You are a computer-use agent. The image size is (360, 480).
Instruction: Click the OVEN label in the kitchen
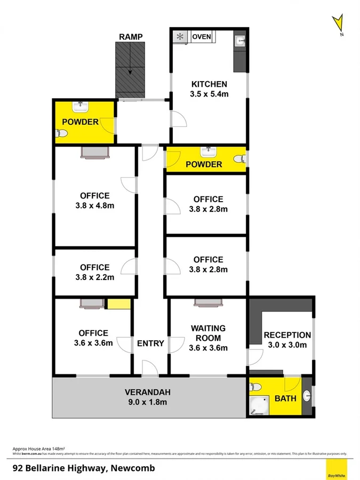(x=202, y=36)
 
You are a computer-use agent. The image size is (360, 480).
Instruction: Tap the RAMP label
(x=131, y=36)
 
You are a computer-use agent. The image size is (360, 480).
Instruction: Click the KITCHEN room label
(x=210, y=84)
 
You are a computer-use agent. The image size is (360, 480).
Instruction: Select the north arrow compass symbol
(x=337, y=25)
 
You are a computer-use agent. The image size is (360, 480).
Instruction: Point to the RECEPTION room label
(x=287, y=335)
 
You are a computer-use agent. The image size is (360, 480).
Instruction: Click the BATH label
(x=284, y=398)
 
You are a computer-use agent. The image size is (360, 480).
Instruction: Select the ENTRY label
(x=150, y=343)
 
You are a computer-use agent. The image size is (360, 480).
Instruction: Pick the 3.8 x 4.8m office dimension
(x=95, y=206)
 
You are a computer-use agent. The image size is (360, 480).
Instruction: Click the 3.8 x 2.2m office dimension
(x=95, y=277)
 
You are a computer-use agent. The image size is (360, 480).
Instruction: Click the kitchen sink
(x=241, y=39)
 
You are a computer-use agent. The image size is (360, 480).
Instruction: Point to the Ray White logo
(x=335, y=469)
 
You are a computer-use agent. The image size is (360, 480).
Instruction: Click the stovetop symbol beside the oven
(x=180, y=37)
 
